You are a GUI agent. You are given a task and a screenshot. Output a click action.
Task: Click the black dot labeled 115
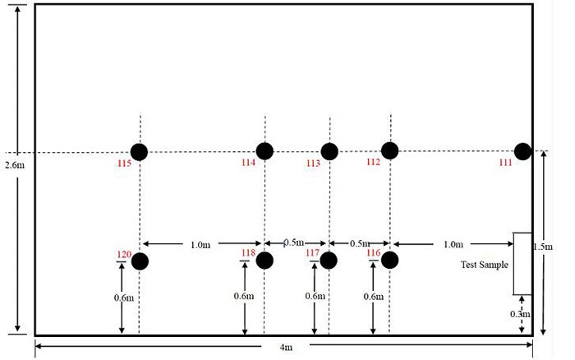coord(140,152)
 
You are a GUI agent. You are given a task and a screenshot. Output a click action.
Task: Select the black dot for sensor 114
coord(264,151)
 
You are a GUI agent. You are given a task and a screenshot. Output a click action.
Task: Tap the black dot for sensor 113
coord(329,151)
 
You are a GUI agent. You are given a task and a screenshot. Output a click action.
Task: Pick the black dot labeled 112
coord(390,150)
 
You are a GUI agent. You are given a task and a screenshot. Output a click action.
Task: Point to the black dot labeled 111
coord(522,151)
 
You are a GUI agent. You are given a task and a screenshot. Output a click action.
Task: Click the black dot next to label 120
coord(140,261)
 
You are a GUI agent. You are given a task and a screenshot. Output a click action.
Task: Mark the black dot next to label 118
coord(264,261)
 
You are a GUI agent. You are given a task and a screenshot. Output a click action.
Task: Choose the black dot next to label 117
coord(329,261)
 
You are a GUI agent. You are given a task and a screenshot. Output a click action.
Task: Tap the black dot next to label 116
coord(390,261)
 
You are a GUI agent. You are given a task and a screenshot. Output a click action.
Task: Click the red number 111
coord(505,162)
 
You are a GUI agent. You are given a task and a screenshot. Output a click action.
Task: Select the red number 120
coord(124,254)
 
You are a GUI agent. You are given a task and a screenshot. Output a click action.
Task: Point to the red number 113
coord(313,163)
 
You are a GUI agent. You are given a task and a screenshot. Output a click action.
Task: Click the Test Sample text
coord(485,265)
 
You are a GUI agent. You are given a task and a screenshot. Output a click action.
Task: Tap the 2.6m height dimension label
coord(15,165)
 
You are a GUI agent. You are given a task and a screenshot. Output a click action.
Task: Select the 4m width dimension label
coord(286,347)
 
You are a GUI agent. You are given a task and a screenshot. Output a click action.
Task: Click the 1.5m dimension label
coord(543,247)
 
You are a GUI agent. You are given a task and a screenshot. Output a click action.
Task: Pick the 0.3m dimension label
coord(520,314)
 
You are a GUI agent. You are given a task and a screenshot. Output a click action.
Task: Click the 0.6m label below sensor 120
coord(124,298)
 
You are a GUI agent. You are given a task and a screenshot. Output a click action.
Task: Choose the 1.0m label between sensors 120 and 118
coord(200,245)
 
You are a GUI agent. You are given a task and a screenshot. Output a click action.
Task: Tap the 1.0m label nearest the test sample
coord(453,244)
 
